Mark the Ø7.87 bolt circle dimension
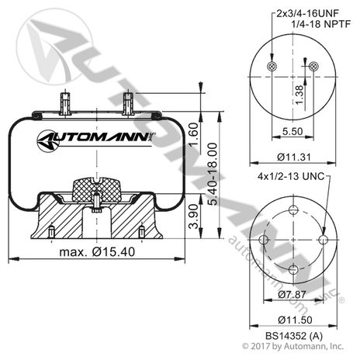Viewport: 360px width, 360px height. pyautogui.click(x=292, y=295)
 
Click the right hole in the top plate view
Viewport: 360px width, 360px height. pyautogui.click(x=313, y=68)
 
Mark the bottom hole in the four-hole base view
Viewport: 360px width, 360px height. pyautogui.click(x=292, y=269)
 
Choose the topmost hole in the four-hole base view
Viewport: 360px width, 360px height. pyautogui.click(x=292, y=210)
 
